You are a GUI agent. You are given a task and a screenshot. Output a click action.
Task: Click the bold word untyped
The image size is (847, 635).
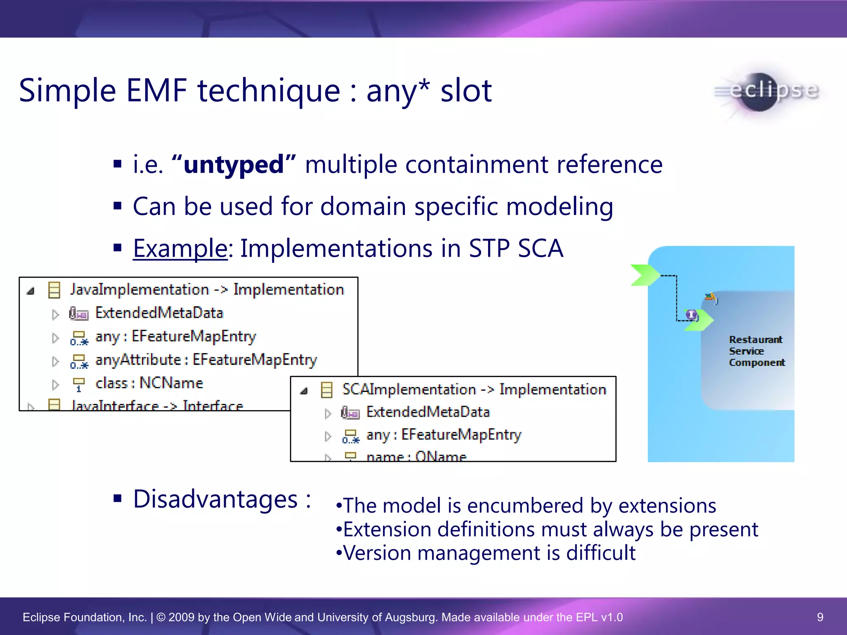(233, 165)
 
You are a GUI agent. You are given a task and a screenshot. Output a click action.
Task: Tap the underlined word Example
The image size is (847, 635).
(180, 248)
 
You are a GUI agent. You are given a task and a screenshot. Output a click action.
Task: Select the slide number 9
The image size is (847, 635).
(820, 617)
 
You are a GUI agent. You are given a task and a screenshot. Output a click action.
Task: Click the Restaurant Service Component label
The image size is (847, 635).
(756, 351)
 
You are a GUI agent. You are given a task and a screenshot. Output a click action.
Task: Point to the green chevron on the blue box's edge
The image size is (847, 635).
(644, 275)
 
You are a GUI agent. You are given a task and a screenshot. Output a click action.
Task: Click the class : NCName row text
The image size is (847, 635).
(149, 383)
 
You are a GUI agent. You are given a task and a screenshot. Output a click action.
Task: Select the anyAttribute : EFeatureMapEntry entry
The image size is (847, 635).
(206, 360)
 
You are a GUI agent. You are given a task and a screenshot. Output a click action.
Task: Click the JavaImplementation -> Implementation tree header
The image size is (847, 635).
(207, 289)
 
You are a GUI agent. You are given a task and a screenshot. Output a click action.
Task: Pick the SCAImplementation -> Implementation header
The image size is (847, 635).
(474, 389)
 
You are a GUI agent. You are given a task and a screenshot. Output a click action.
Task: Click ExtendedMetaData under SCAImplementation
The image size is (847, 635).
(428, 412)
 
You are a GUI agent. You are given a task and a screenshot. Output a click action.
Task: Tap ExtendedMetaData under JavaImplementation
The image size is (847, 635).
(159, 313)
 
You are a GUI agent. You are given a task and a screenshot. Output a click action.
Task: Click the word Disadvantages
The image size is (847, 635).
(215, 499)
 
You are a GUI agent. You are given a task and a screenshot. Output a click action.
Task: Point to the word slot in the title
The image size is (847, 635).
(466, 91)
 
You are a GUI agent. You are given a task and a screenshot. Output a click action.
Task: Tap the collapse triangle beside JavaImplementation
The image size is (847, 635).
(30, 291)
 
